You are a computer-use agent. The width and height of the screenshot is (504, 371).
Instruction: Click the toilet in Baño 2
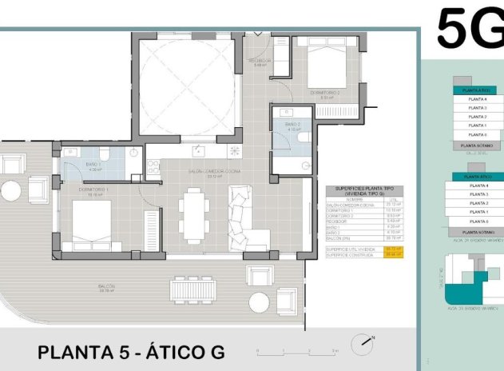tap(302, 138)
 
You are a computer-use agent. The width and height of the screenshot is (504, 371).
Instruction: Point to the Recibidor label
tap(260, 62)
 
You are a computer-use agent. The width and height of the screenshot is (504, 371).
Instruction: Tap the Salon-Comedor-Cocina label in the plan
tap(192, 172)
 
